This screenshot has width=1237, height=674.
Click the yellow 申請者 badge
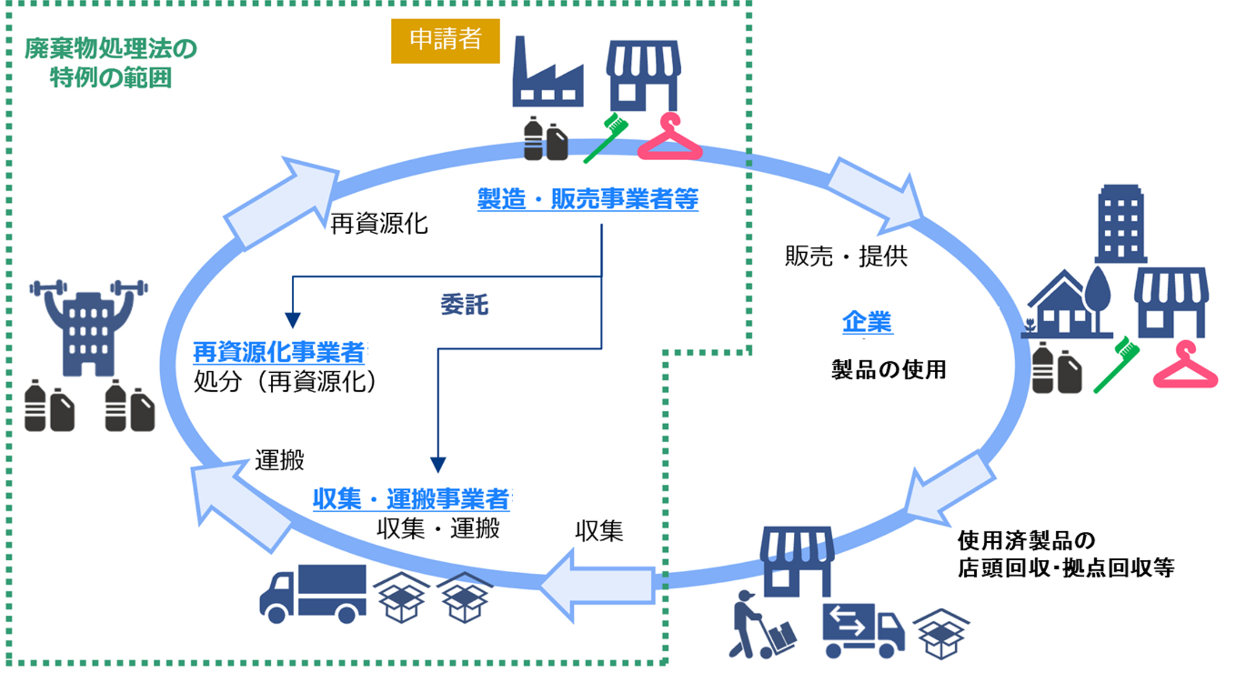445,40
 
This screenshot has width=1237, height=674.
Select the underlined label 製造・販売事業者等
587,199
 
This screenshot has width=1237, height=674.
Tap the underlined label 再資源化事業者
279,352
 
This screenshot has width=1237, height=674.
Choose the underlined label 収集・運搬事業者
411,499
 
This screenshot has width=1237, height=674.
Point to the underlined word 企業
867,322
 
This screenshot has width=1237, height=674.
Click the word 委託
464,305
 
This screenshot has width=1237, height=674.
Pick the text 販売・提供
846,256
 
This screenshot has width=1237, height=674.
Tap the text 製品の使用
888,369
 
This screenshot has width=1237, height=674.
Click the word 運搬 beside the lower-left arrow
280,460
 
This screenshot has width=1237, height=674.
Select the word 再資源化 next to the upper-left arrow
379,224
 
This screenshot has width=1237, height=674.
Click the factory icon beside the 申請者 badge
547,73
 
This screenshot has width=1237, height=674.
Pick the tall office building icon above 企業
1121,224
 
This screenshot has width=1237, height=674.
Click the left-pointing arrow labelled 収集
600,585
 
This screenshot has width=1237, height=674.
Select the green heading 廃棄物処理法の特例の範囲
111,63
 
